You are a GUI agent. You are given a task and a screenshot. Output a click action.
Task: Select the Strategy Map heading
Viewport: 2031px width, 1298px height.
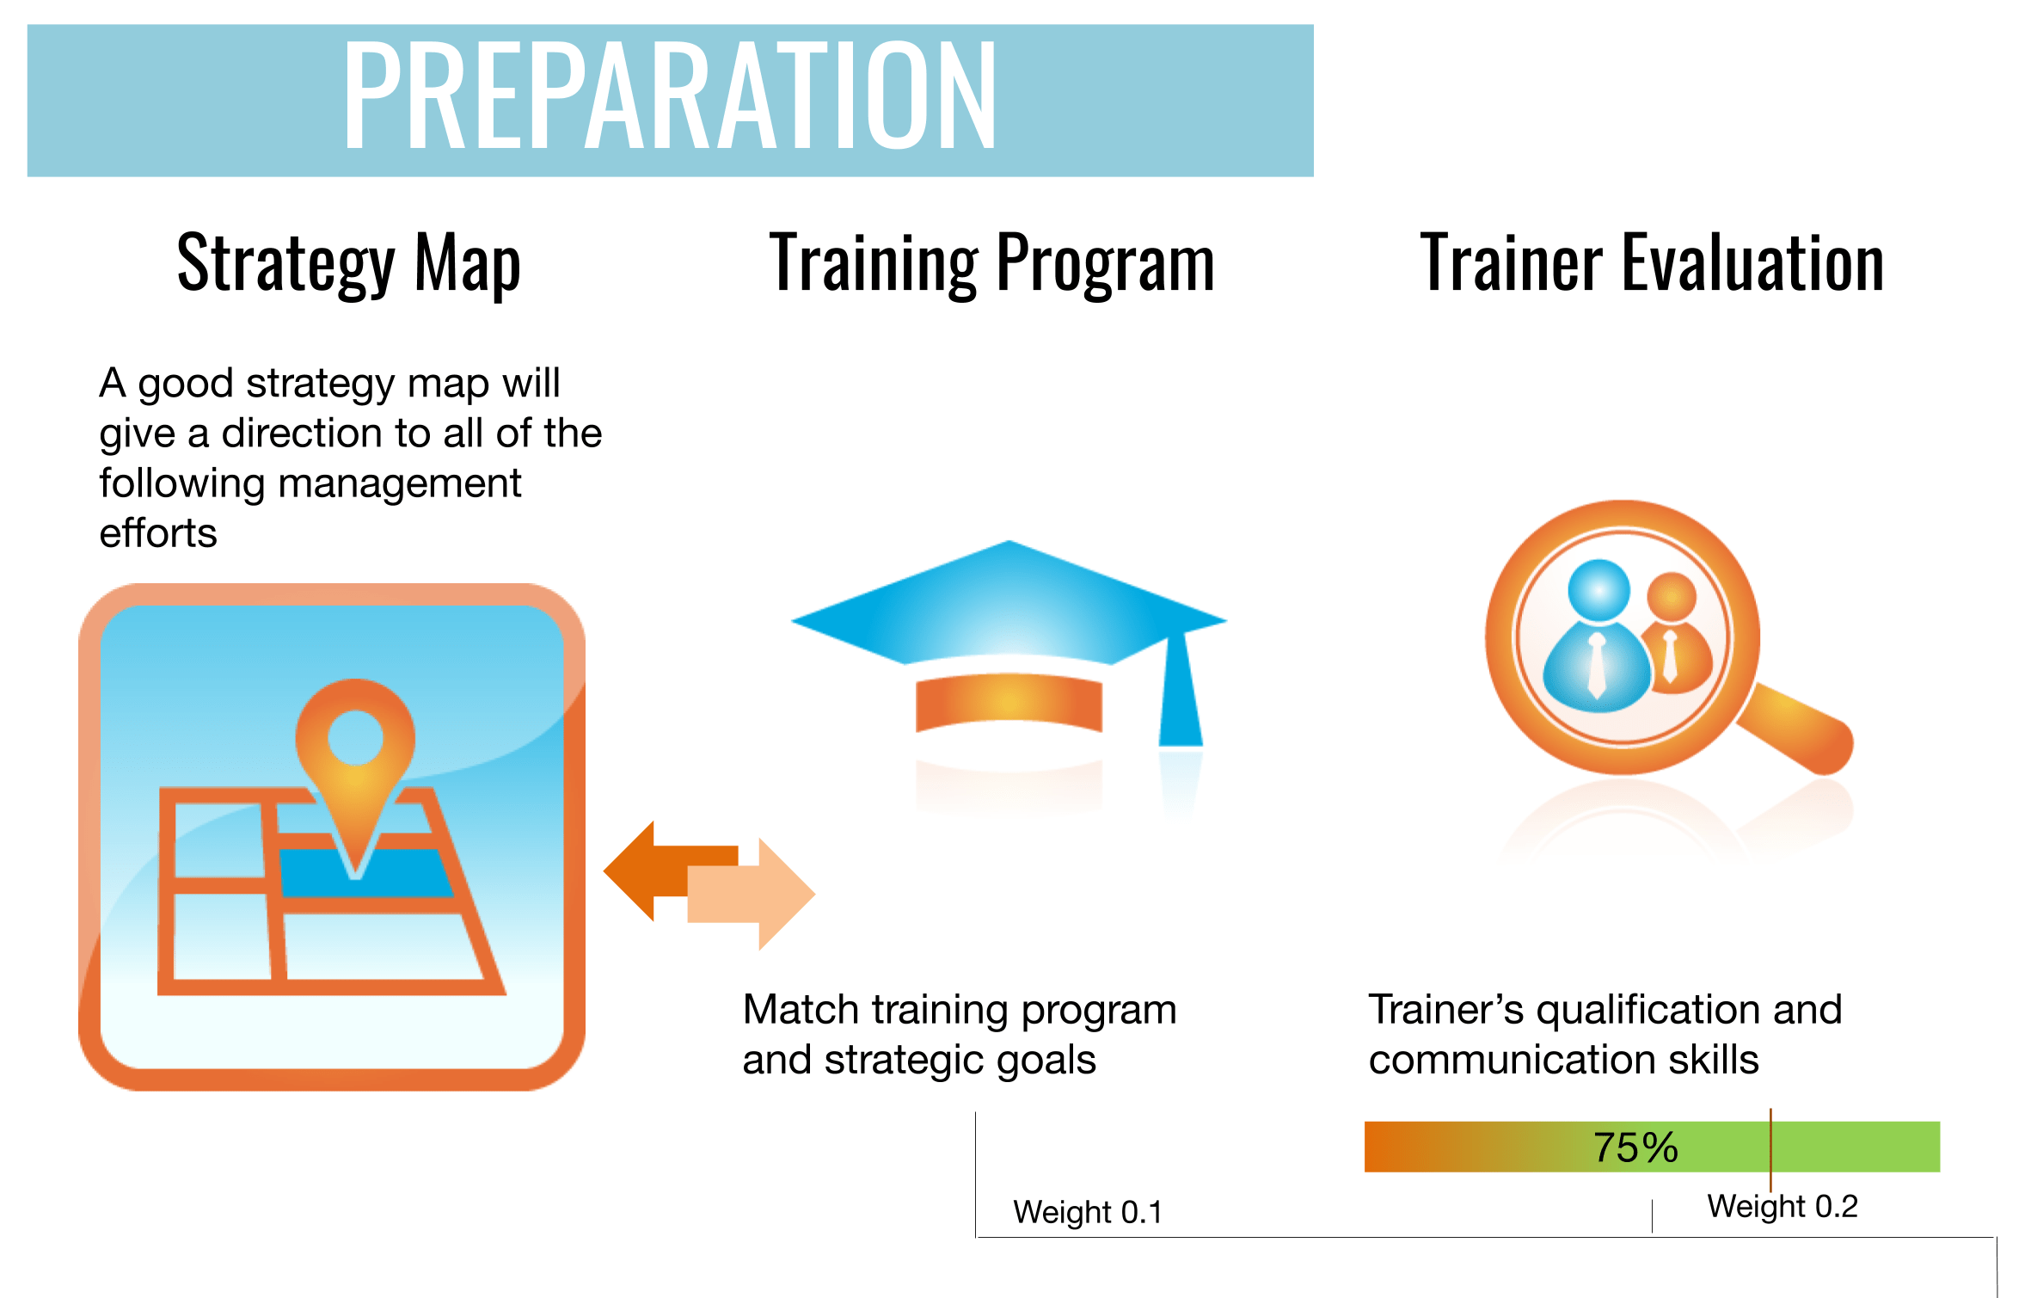click(x=348, y=263)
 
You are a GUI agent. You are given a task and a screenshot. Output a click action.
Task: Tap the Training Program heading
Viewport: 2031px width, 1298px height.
click(x=991, y=263)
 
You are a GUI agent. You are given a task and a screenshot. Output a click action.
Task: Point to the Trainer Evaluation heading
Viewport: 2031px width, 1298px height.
click(x=1651, y=263)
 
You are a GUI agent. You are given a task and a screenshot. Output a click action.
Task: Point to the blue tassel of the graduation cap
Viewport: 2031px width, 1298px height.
click(x=1180, y=697)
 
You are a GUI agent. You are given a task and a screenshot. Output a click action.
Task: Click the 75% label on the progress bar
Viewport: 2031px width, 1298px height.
click(x=1635, y=1147)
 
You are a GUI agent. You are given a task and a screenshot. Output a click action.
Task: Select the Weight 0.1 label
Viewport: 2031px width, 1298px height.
click(x=1087, y=1212)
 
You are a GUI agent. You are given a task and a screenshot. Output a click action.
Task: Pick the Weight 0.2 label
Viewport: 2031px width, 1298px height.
click(x=1782, y=1206)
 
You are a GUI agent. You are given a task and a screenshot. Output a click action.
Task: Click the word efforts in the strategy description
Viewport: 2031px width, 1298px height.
click(x=158, y=533)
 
